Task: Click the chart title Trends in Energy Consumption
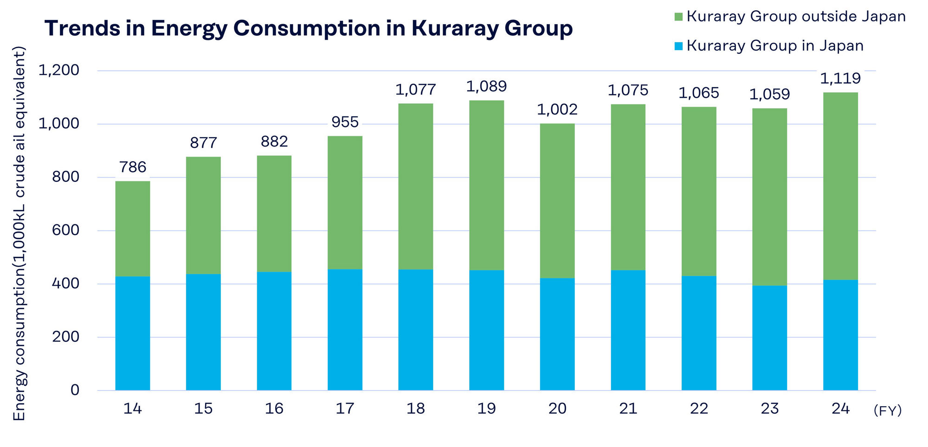tap(309, 28)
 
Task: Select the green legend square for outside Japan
tap(678, 17)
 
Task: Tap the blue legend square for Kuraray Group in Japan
tap(678, 46)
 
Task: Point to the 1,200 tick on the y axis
tap(58, 70)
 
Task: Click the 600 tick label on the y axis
tap(65, 230)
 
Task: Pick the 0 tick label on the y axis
tap(75, 390)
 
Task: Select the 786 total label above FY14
tap(133, 167)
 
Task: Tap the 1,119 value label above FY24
tap(840, 78)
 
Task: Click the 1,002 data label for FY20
tap(557, 109)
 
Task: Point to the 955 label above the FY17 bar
tap(345, 122)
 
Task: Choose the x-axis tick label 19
tap(486, 409)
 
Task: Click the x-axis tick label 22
tap(699, 409)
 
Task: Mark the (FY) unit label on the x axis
tap(887, 410)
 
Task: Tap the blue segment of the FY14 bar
tap(133, 333)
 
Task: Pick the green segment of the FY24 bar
tap(840, 186)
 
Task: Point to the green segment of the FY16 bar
tap(274, 214)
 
